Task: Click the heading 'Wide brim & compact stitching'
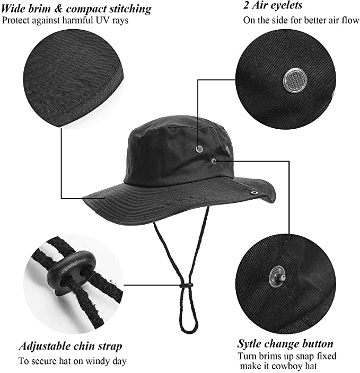(x=76, y=9)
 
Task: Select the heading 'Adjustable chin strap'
(x=71, y=347)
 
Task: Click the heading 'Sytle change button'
(x=285, y=344)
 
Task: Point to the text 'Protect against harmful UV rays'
(x=65, y=21)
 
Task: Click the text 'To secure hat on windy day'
(x=72, y=361)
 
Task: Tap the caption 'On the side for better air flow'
(x=300, y=21)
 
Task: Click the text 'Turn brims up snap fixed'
(x=286, y=356)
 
